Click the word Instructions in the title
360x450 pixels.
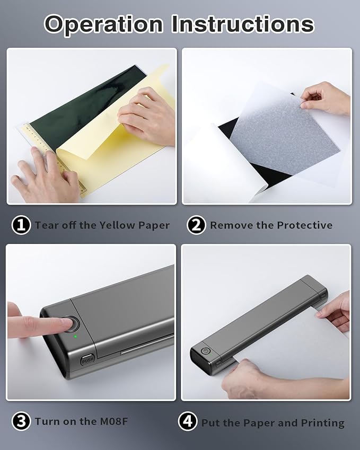(243, 24)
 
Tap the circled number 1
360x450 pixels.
(21, 225)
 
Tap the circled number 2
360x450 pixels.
(196, 225)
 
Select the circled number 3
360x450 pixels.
(21, 421)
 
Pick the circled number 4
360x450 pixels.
(188, 421)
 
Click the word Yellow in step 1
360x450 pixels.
(117, 225)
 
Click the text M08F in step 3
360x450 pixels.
(113, 421)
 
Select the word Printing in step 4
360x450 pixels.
(323, 423)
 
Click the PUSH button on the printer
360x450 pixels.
(87, 359)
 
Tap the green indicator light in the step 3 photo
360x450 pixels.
(75, 337)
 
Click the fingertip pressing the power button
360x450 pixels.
(65, 324)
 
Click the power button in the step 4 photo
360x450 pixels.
(206, 351)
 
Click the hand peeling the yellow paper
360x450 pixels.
(145, 116)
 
